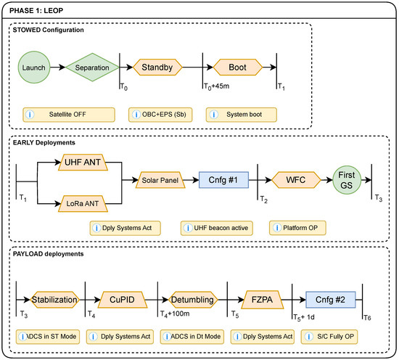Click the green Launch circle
[x=34, y=67]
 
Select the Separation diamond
[x=92, y=67]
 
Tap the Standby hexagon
[x=157, y=67]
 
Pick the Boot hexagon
[x=238, y=67]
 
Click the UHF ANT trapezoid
[x=83, y=162]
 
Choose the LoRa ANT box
[x=83, y=204]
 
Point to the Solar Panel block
[x=160, y=180]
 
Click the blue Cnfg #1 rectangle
[x=223, y=180]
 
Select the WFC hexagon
[x=296, y=180]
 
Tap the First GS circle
[x=347, y=180]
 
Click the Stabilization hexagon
[x=54, y=300]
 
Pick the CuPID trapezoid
[x=123, y=300]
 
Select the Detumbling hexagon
[x=193, y=300]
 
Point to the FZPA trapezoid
[x=263, y=300]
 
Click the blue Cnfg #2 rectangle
[x=331, y=300]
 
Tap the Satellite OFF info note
[x=69, y=115]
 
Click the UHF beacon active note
[x=217, y=228]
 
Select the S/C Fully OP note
[x=329, y=337]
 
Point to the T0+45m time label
[x=217, y=86]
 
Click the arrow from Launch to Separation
[x=58, y=67]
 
